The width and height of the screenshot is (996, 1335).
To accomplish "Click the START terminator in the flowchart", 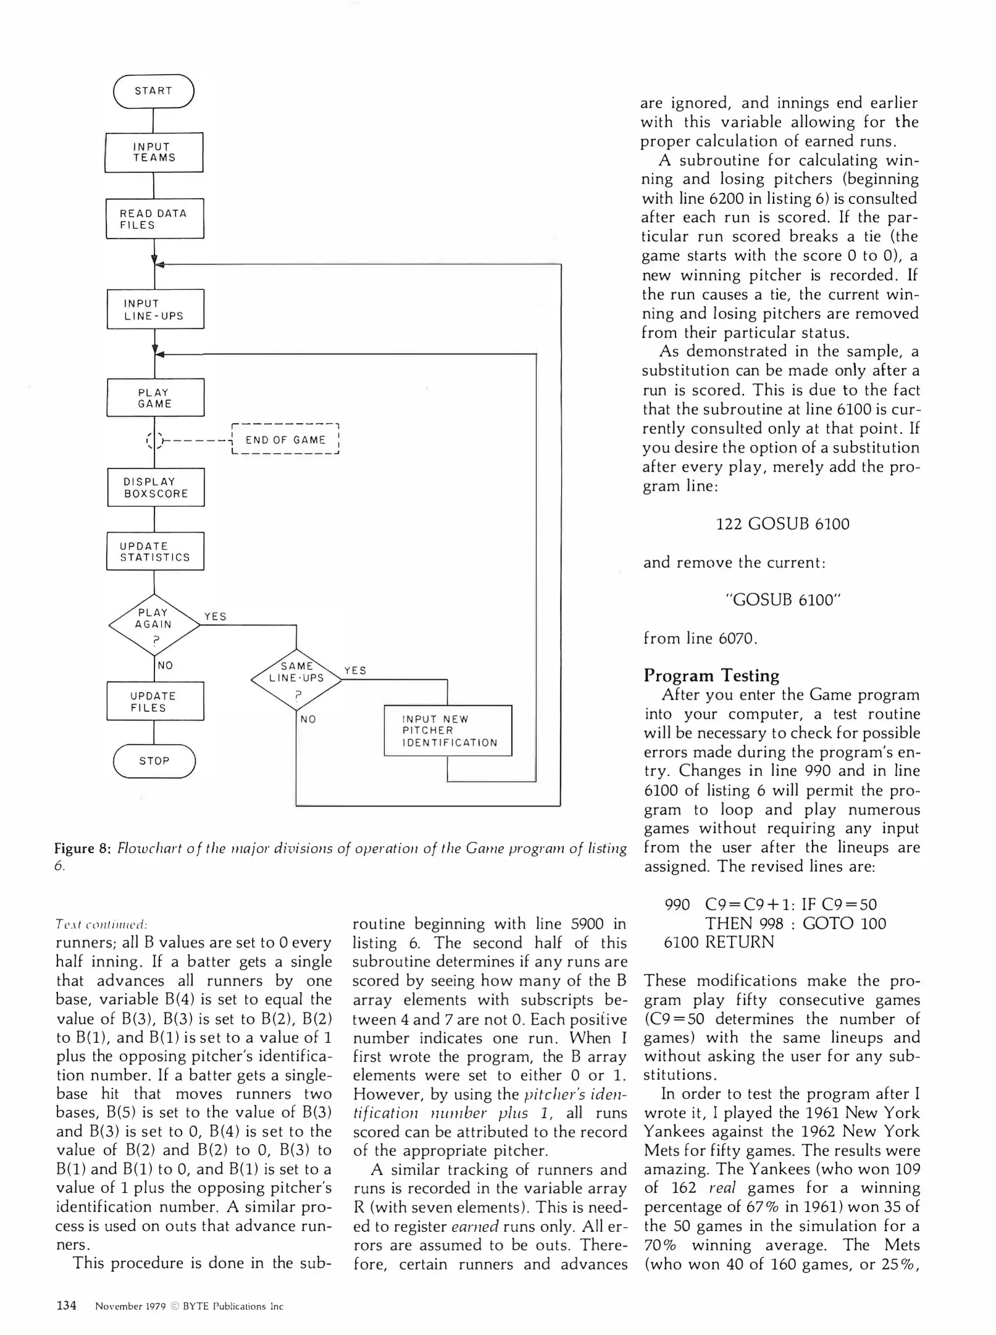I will click(154, 91).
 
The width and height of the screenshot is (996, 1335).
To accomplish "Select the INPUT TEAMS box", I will click(154, 152).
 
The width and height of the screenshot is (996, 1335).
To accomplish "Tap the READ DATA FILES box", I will click(154, 219).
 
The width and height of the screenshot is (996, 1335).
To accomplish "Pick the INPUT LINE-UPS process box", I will click(155, 309).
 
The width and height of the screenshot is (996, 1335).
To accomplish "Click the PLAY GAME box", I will click(155, 397).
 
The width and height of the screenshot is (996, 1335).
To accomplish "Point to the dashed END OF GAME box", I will click(285, 439).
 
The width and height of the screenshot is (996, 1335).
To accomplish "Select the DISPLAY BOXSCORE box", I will click(156, 488).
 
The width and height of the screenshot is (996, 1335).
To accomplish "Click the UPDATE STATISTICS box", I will click(155, 551).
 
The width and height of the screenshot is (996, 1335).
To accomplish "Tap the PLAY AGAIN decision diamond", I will click(154, 624).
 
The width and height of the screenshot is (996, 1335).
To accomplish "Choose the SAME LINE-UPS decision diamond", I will click(297, 679).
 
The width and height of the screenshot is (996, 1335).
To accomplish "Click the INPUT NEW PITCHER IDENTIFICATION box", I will click(448, 731).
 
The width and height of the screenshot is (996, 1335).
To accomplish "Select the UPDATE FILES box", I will click(154, 701).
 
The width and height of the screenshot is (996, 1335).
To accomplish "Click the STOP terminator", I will click(154, 761).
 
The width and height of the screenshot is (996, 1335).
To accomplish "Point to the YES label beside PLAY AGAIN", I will click(216, 616).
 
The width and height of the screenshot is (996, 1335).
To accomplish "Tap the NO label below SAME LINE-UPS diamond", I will click(308, 719).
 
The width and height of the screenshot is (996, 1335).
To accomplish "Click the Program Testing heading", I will click(711, 675).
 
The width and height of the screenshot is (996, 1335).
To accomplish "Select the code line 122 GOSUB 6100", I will click(782, 524).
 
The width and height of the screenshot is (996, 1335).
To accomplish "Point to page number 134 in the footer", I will click(66, 1305).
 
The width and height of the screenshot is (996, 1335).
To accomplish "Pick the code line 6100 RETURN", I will click(719, 943).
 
